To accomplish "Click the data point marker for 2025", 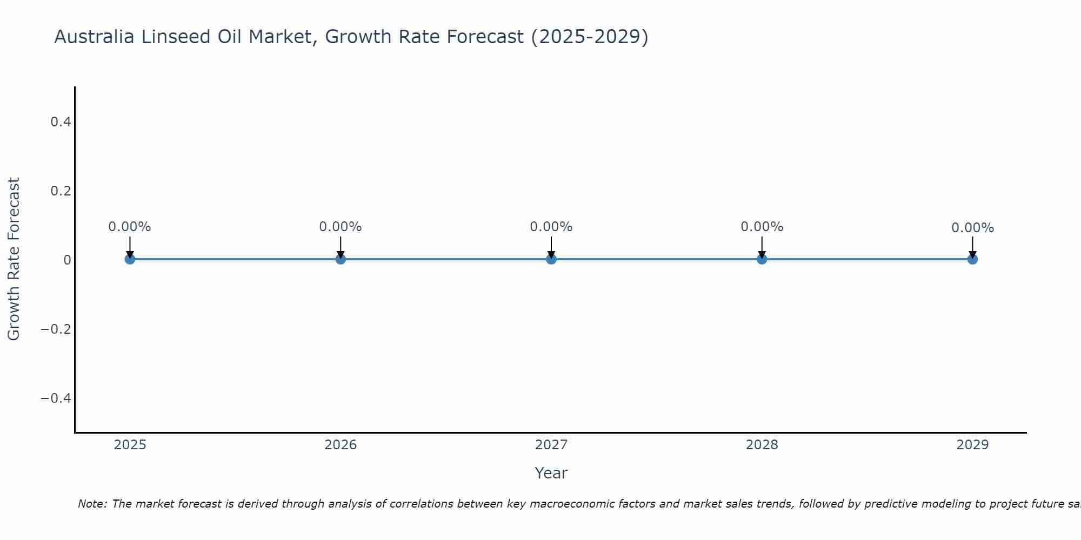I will pos(130,259).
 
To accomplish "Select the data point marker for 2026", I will pos(341,259).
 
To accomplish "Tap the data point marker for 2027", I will pos(551,259).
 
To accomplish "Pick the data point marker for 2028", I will pos(762,259).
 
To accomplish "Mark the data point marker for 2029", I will pos(972,259).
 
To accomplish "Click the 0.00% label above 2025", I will pos(130,227).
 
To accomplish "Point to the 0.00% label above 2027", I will pos(551,227).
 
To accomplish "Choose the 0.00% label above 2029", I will pos(972,228).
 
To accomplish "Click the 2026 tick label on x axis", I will pos(341,445).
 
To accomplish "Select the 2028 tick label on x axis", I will pos(762,445).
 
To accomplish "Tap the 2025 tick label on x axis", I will pos(130,445).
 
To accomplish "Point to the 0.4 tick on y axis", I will pos(61,122).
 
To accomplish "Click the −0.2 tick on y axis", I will pos(56,329).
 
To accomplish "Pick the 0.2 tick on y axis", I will pos(61,191).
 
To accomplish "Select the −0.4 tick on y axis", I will pos(56,399).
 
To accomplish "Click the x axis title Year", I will pos(551,473).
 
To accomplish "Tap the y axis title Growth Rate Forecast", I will pos(14,259).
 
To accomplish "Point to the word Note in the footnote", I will pos(92,504).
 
